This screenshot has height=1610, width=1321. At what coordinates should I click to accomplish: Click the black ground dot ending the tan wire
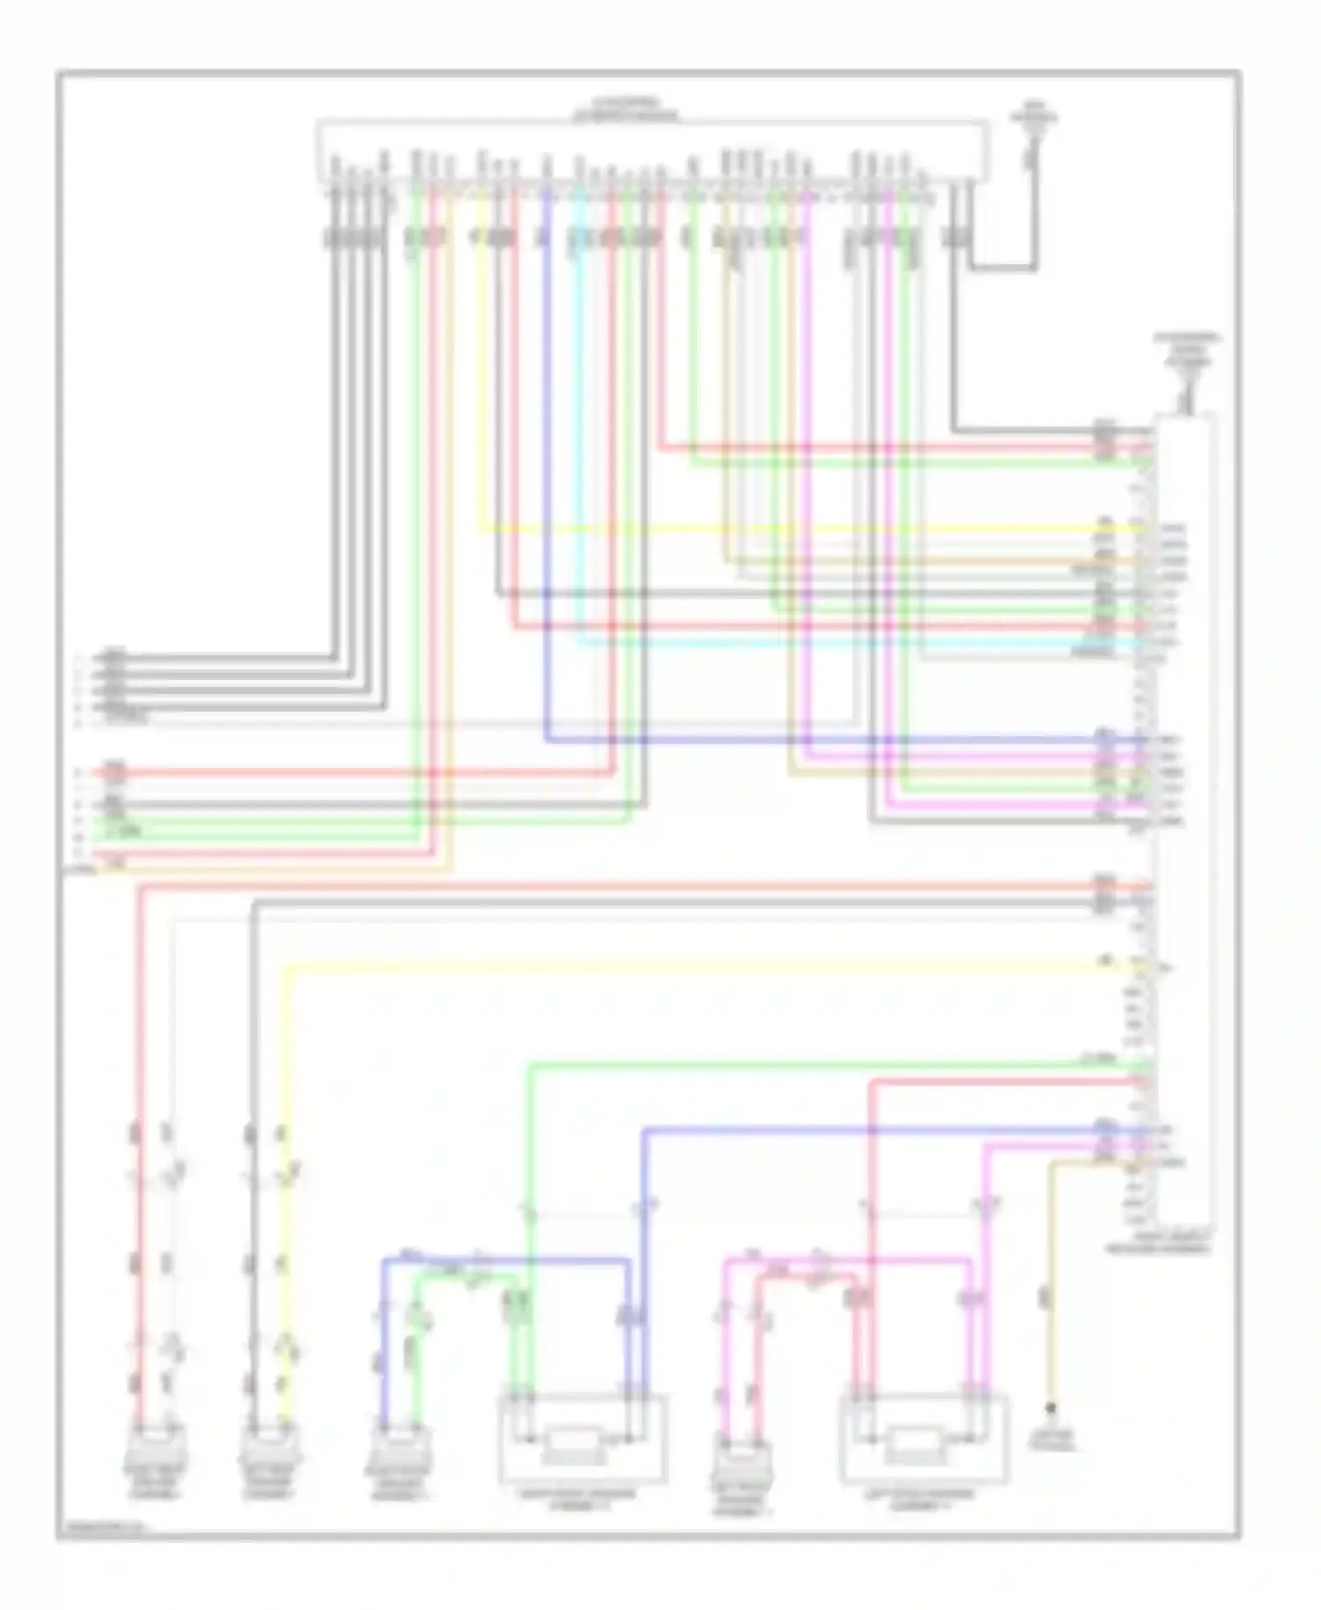1050,1408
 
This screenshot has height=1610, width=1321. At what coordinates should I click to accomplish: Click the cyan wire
579,423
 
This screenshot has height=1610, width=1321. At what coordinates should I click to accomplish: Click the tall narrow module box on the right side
1185,819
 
